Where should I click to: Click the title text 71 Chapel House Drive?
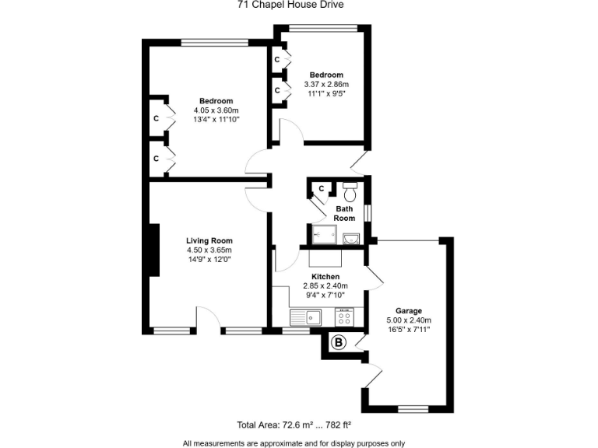click(290, 4)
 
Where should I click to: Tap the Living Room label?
click(209, 240)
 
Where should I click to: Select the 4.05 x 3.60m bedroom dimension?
click(216, 110)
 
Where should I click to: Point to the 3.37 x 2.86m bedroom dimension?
click(326, 84)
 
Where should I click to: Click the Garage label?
click(408, 310)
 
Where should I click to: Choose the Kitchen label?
click(325, 277)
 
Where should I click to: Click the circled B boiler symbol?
click(339, 342)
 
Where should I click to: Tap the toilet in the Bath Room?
click(350, 191)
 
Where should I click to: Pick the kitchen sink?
click(307, 317)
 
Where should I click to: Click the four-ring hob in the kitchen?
click(345, 317)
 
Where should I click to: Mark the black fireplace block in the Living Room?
click(154, 250)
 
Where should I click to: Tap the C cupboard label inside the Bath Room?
click(322, 188)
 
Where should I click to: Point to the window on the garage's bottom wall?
click(413, 409)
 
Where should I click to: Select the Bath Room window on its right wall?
click(368, 212)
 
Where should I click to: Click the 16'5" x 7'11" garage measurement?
click(408, 330)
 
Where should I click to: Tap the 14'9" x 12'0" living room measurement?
click(209, 260)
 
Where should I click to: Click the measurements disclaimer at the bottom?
click(294, 443)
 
